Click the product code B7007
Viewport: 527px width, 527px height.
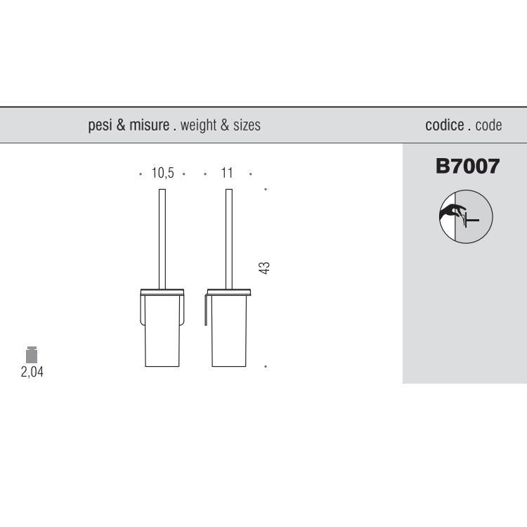pyautogui.click(x=467, y=166)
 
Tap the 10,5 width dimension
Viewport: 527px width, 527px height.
pyautogui.click(x=163, y=173)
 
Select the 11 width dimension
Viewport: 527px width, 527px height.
pyautogui.click(x=227, y=173)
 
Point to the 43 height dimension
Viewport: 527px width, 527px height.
pyautogui.click(x=264, y=268)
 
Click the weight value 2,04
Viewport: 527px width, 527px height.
pyautogui.click(x=32, y=372)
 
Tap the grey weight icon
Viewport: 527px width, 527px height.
pyautogui.click(x=32, y=355)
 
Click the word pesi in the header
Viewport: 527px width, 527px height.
pyautogui.click(x=100, y=125)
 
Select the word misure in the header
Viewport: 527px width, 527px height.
pyautogui.click(x=149, y=124)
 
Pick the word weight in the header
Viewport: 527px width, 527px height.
pyautogui.click(x=198, y=125)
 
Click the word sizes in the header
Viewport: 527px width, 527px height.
pyautogui.click(x=247, y=125)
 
